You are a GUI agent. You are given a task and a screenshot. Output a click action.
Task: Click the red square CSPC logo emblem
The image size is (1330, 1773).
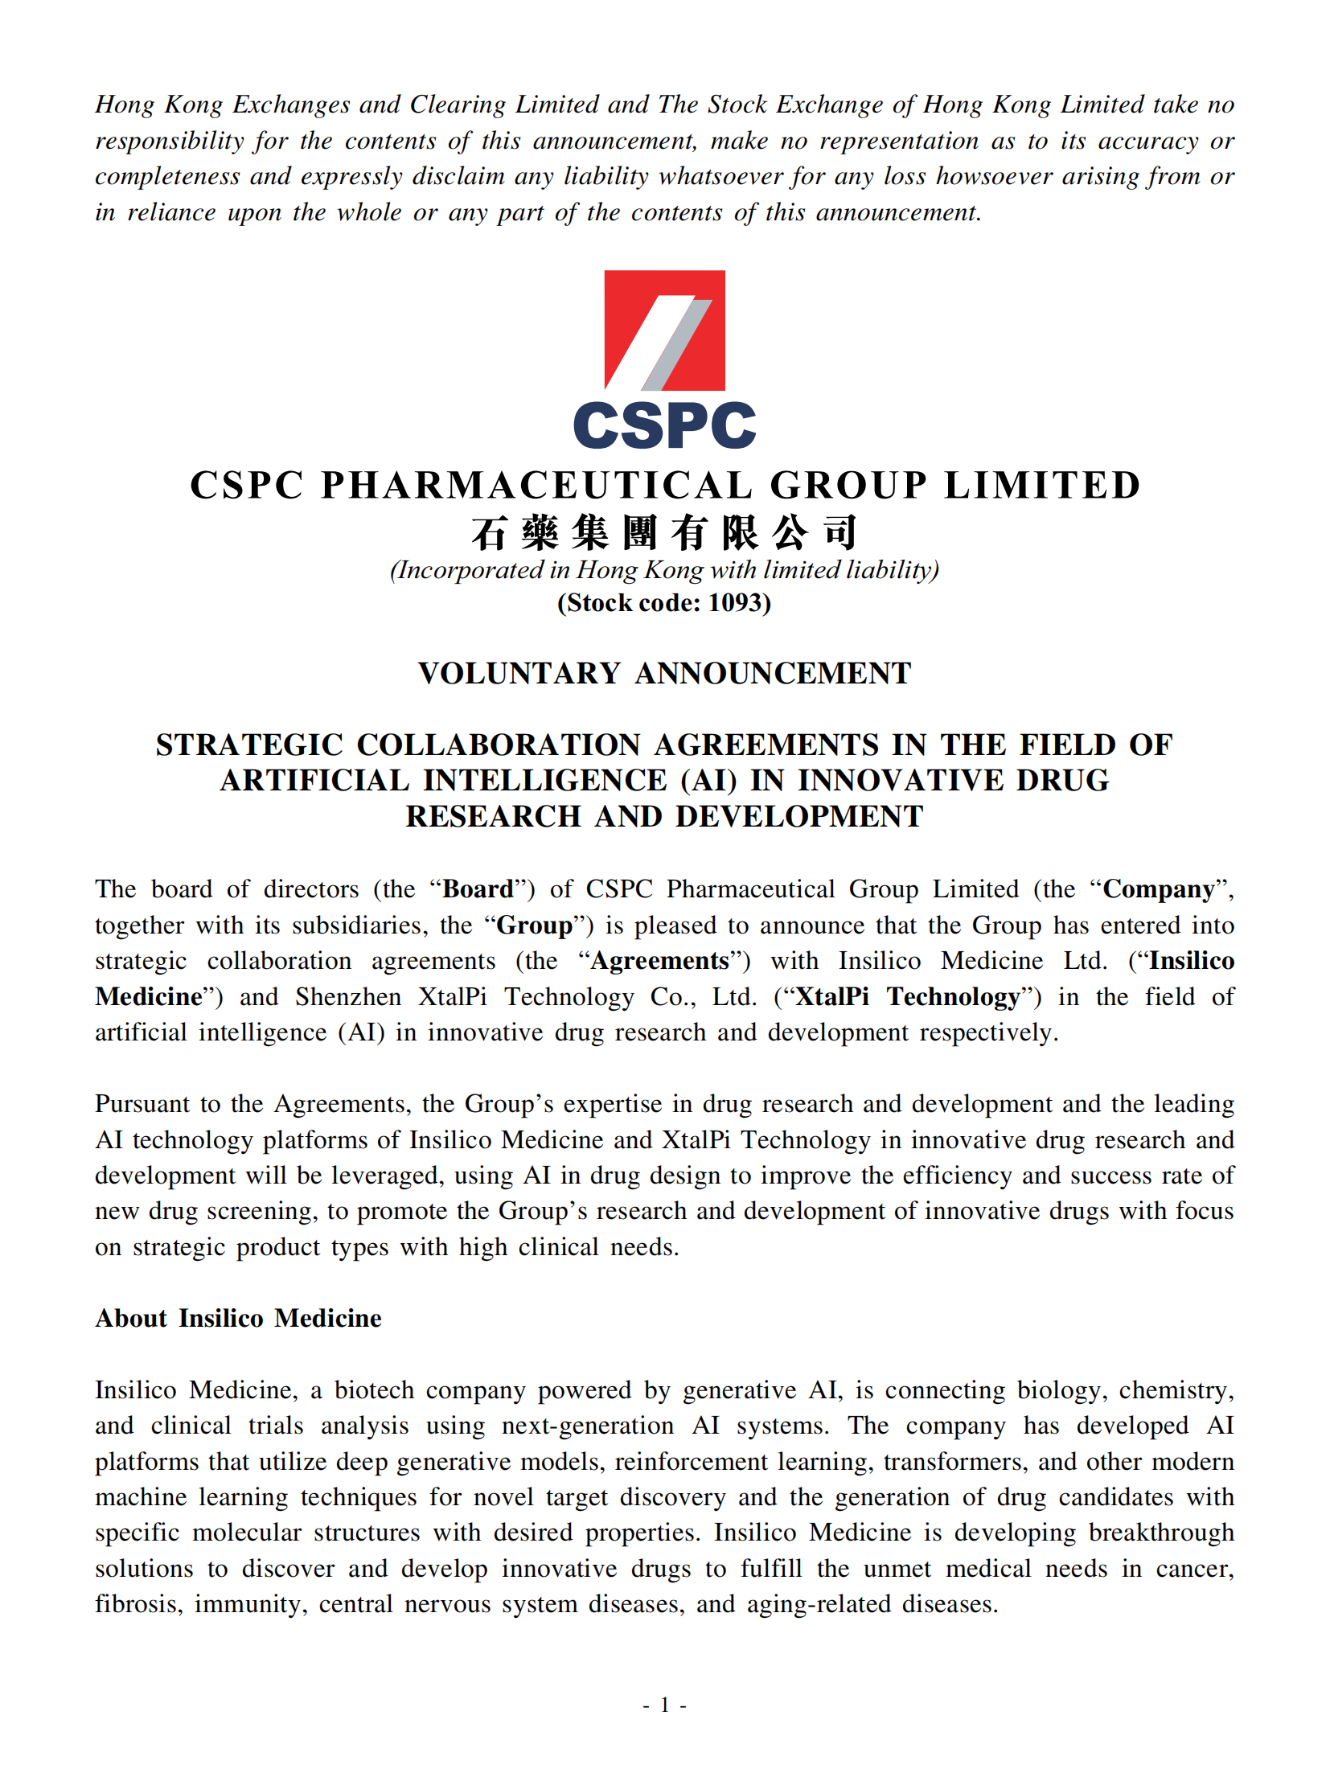coord(664,330)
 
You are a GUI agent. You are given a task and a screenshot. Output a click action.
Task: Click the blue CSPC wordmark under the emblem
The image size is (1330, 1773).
coord(664,425)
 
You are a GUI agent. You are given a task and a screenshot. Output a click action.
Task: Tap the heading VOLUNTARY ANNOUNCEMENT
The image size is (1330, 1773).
coord(664,674)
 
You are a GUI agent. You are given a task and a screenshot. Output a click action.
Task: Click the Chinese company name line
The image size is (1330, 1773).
coord(664,533)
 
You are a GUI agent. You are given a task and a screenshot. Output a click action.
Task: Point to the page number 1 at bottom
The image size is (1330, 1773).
coord(664,1705)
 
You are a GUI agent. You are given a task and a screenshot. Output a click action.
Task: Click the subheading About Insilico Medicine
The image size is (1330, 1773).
coord(238,1319)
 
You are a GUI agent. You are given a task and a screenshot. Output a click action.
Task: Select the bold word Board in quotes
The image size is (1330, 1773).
coord(478,889)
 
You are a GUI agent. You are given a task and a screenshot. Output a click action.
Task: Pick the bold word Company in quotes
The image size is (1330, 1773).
coord(1159,889)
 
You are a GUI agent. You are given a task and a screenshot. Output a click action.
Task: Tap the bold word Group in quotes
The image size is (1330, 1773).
coord(535,925)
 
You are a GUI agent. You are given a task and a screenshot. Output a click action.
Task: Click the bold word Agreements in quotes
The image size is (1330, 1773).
coord(659,961)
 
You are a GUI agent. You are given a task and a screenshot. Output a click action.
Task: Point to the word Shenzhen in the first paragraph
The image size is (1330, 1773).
coord(348,997)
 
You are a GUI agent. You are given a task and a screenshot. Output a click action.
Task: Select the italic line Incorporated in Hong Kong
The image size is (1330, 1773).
coord(664,570)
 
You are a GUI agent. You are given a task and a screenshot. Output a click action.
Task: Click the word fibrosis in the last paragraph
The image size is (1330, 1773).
coord(138,1604)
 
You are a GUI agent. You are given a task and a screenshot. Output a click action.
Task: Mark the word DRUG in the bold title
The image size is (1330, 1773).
coord(1063,781)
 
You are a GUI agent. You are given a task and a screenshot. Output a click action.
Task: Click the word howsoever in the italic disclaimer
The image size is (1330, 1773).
coord(994,176)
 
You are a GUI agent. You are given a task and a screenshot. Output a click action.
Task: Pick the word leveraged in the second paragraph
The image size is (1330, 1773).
coord(388,1176)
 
